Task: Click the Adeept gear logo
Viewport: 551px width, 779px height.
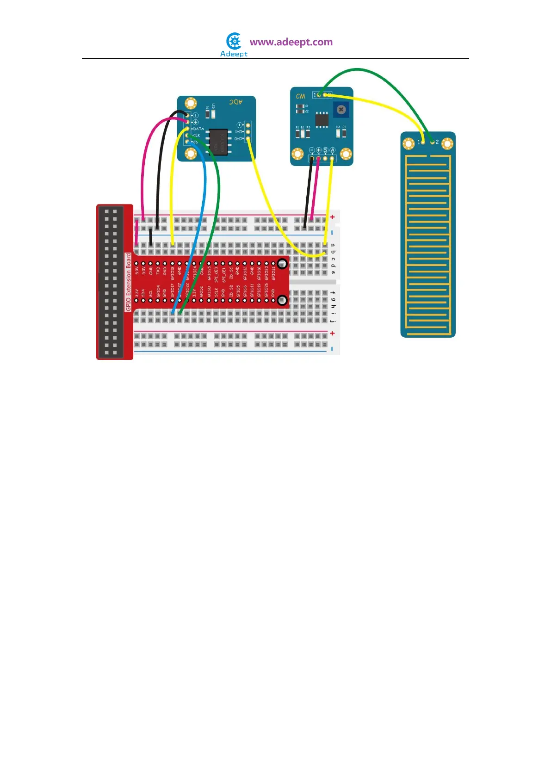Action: (234, 41)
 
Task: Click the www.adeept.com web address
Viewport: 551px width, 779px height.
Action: (291, 42)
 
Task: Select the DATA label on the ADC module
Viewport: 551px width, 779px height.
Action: (198, 129)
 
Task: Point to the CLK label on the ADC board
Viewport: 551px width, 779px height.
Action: (197, 136)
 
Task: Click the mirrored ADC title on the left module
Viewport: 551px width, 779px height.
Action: (236, 102)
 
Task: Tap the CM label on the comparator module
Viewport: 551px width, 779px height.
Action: (301, 96)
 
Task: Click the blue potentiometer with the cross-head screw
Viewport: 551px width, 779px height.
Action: (341, 110)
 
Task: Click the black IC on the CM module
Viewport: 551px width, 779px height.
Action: (322, 119)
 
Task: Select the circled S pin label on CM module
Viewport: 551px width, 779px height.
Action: (325, 150)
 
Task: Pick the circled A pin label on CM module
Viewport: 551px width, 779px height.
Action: (332, 150)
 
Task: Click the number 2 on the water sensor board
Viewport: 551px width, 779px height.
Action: (437, 142)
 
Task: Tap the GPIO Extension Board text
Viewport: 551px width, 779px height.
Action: (129, 282)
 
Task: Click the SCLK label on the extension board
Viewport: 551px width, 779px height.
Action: (216, 292)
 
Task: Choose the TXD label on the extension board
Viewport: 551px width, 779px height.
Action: (158, 271)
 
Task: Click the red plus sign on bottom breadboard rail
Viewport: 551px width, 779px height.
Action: (332, 334)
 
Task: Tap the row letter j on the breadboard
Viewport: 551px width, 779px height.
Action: (333, 321)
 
